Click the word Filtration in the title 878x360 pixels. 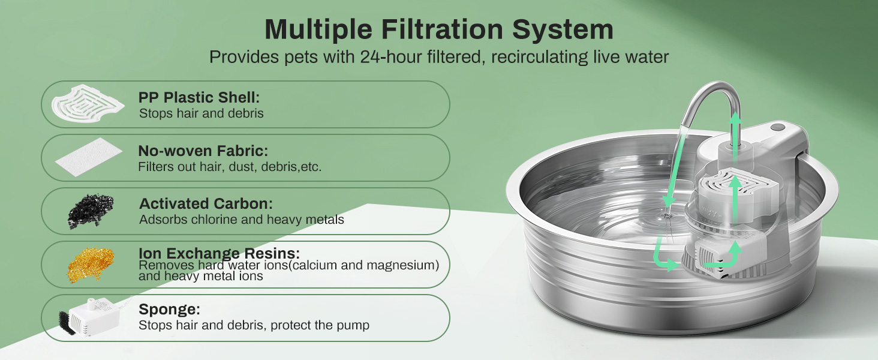click(442, 29)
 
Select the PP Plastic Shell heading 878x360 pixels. click(199, 97)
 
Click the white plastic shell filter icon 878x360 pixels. click(88, 104)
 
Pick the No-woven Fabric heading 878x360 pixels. click(203, 151)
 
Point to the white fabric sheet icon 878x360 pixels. click(89, 157)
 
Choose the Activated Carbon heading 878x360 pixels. click(206, 204)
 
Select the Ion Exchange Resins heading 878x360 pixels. click(219, 253)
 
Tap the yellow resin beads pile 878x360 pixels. click(91, 265)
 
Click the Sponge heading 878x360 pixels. click(169, 310)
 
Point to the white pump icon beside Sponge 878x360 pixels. click(94, 317)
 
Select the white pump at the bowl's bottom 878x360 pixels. click(725, 257)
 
